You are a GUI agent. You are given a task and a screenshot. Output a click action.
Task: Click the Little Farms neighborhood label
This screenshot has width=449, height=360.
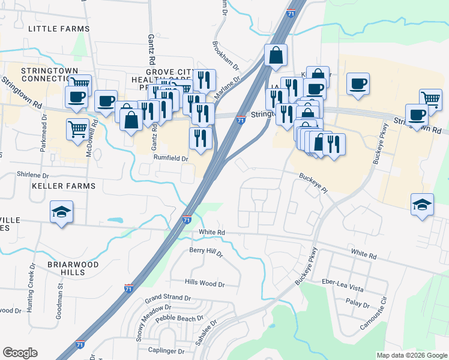pos(59,28)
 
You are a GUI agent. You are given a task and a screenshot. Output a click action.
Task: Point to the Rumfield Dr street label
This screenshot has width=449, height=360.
pos(171,159)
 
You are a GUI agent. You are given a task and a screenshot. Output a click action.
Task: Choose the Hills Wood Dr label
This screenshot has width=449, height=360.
pos(204,284)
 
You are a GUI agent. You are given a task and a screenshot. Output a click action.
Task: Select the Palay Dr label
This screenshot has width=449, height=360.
pos(358,304)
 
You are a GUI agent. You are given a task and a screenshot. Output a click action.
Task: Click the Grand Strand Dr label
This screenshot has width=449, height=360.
pos(167,298)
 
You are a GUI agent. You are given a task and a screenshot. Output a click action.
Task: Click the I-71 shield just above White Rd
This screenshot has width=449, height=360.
pos(187,220)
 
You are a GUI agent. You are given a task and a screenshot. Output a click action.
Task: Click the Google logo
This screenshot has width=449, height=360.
pos(20,353)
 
